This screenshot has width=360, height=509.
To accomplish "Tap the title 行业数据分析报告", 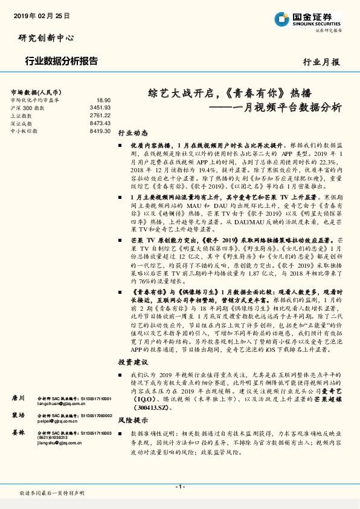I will point(62,61).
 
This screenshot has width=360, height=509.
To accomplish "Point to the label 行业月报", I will point(321,62).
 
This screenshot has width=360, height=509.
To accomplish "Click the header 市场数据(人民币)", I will point(34,91).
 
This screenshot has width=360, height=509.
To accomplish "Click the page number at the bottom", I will point(180,487).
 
